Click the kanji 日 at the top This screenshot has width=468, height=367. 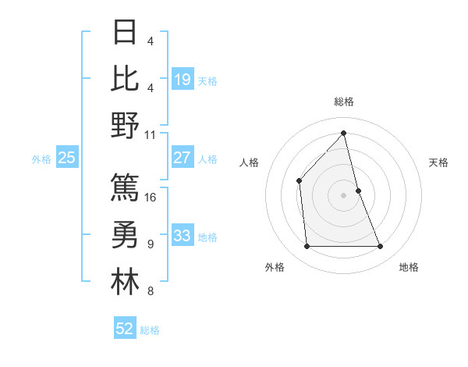(125, 32)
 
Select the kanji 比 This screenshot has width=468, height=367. (125, 78)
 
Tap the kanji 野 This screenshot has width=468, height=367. (125, 125)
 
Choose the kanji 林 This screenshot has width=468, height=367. (125, 283)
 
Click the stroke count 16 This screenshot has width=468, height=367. (151, 197)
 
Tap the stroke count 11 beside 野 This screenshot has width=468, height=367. (151, 134)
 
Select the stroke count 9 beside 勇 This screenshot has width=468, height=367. (150, 244)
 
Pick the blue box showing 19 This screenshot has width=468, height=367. (183, 79)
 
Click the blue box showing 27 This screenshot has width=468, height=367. (183, 158)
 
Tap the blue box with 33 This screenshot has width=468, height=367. (183, 236)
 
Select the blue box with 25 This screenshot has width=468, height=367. (66, 158)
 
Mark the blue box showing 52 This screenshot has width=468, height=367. (125, 329)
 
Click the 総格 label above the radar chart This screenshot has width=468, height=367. (343, 102)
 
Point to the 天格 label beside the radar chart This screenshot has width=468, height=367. (439, 162)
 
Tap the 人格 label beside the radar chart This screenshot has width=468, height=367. (249, 162)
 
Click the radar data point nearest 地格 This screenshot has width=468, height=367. (381, 247)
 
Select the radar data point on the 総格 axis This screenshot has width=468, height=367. (343, 134)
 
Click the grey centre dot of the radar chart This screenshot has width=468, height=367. (343, 194)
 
